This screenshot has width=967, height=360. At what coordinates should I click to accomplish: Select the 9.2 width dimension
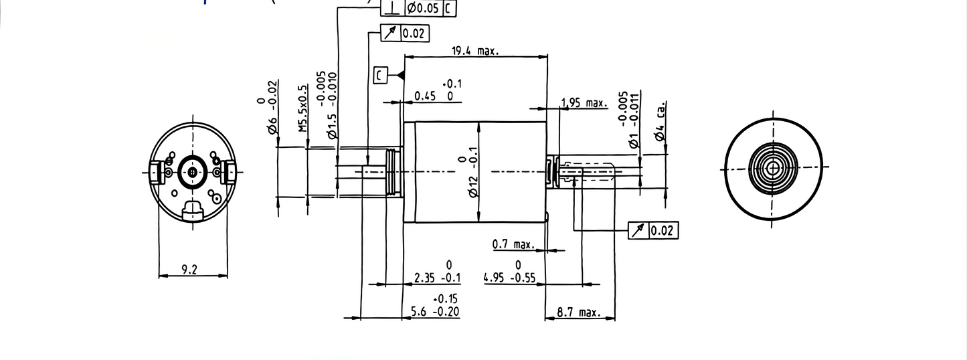click(x=189, y=270)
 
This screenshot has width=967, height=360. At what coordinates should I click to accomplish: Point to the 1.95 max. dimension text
click(x=584, y=103)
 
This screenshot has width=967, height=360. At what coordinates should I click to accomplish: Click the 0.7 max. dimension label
click(x=513, y=245)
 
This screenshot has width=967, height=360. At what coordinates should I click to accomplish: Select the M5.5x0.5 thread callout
click(x=302, y=108)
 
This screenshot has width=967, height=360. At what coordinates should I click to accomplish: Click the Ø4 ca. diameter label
click(x=660, y=122)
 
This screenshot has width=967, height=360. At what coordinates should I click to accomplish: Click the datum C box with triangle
click(x=380, y=75)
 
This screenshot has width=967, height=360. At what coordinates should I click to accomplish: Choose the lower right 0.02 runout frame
click(x=653, y=231)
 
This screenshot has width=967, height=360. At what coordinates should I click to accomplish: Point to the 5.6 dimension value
click(x=417, y=312)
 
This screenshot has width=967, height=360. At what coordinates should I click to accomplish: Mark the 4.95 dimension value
click(x=497, y=278)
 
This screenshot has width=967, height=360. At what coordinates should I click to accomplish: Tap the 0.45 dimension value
click(x=425, y=96)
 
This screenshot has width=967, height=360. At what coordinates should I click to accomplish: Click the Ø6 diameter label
click(x=272, y=117)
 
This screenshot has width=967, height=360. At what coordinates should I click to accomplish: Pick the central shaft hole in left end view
click(x=193, y=172)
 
